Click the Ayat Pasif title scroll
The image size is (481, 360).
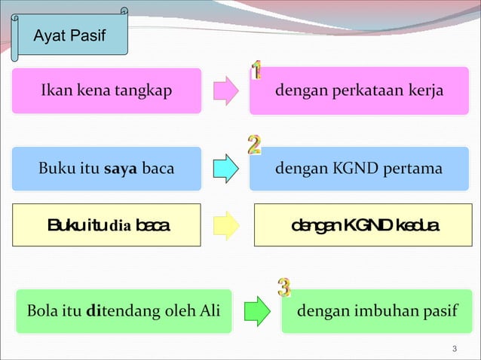point(70,36)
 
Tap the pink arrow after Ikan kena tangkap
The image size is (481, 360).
point(225,91)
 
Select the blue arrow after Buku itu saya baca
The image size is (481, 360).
point(225,169)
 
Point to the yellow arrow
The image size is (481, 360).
point(225,224)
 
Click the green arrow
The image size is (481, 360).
point(256,311)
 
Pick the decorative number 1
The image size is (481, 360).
point(257,71)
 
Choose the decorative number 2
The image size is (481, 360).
point(254,144)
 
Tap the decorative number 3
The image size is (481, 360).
point(284,287)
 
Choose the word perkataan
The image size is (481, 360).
point(364,91)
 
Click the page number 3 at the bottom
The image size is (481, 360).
point(454,348)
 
